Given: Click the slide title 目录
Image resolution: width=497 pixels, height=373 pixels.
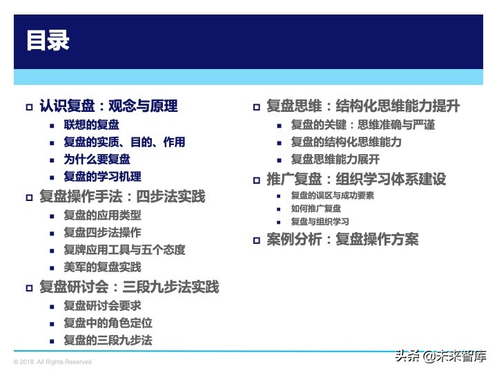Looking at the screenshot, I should pyautogui.click(x=48, y=40).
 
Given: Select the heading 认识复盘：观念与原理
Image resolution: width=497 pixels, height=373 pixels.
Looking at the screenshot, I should pyautogui.click(x=108, y=106).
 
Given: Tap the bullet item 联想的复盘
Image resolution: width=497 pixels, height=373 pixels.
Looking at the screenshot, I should pyautogui.click(x=91, y=125).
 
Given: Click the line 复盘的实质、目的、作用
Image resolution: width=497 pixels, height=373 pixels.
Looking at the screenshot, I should pyautogui.click(x=124, y=142).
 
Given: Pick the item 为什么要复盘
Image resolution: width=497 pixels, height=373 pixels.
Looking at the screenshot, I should pyautogui.click(x=97, y=160).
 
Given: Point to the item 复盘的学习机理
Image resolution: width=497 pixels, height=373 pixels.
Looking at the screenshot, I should pyautogui.click(x=102, y=177).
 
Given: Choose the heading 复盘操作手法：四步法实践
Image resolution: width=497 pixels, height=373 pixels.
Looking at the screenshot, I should pyautogui.click(x=122, y=196).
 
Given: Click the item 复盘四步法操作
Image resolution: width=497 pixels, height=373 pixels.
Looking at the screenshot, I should pyautogui.click(x=102, y=232).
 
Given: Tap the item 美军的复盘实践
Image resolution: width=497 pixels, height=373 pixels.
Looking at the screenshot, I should pyautogui.click(x=102, y=267).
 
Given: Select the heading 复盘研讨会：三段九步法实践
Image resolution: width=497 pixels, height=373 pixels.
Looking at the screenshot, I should pyautogui.click(x=129, y=287).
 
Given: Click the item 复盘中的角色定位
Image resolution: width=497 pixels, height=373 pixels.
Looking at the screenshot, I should pyautogui.click(x=108, y=323).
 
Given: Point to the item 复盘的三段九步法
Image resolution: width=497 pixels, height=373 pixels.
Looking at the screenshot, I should pyautogui.click(x=108, y=340).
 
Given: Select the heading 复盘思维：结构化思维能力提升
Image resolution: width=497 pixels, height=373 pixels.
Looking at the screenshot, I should pyautogui.click(x=363, y=106).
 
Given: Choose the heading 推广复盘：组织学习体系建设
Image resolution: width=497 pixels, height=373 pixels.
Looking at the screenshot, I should pyautogui.click(x=356, y=179).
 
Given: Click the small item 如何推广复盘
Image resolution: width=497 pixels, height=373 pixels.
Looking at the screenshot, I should pyautogui.click(x=315, y=209).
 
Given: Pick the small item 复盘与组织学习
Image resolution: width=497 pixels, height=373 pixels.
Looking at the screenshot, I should pyautogui.click(x=320, y=222).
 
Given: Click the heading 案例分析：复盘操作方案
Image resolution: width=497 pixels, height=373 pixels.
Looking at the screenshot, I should pyautogui.click(x=342, y=240).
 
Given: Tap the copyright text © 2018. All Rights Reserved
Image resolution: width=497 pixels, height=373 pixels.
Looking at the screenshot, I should pyautogui.click(x=52, y=362).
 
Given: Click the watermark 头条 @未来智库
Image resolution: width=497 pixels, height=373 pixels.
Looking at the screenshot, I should pyautogui.click(x=440, y=356).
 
